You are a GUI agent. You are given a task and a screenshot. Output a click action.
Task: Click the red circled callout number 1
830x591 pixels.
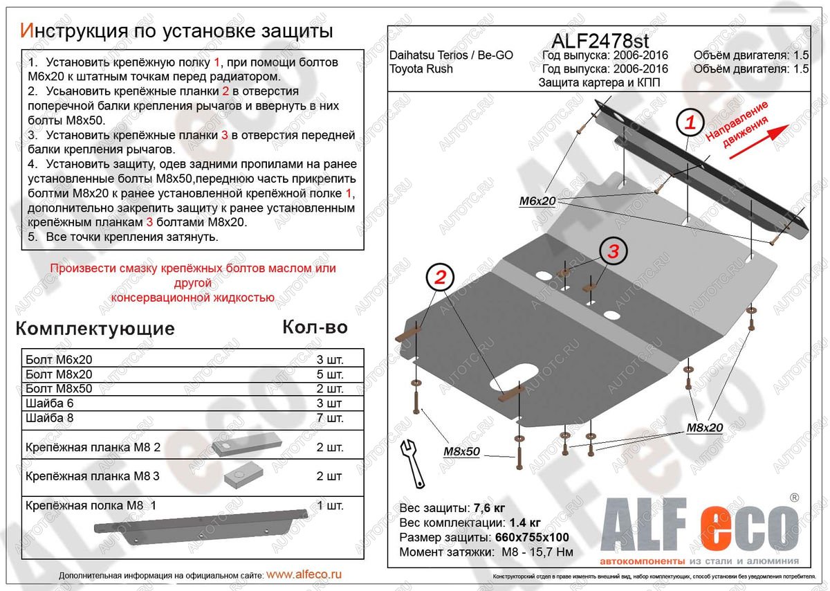pyautogui.click(x=690, y=124)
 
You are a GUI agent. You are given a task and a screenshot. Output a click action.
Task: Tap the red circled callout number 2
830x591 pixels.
pyautogui.click(x=440, y=278)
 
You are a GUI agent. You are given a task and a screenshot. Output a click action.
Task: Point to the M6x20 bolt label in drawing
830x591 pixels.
pyautogui.click(x=537, y=201)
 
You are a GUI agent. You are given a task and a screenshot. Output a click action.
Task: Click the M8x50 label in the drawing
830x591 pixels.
pyautogui.click(x=461, y=451)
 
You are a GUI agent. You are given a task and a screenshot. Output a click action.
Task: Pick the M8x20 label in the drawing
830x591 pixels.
pyautogui.click(x=704, y=428)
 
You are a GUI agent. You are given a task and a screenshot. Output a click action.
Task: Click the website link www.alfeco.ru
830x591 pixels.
pyautogui.click(x=304, y=574)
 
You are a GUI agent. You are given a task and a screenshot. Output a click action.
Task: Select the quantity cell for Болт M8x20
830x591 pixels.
pyautogui.click(x=330, y=374)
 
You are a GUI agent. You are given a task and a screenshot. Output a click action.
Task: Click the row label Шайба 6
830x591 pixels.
pyautogui.click(x=48, y=403)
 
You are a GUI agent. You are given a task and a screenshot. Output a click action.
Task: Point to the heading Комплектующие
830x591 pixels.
pyautogui.click(x=95, y=328)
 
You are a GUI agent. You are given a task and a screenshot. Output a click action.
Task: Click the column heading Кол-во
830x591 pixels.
pyautogui.click(x=315, y=327)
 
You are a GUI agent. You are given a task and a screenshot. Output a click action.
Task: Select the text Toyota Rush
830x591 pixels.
pyautogui.click(x=421, y=69)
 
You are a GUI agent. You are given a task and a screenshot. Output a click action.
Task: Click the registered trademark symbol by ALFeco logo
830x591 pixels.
pyautogui.click(x=794, y=497)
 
